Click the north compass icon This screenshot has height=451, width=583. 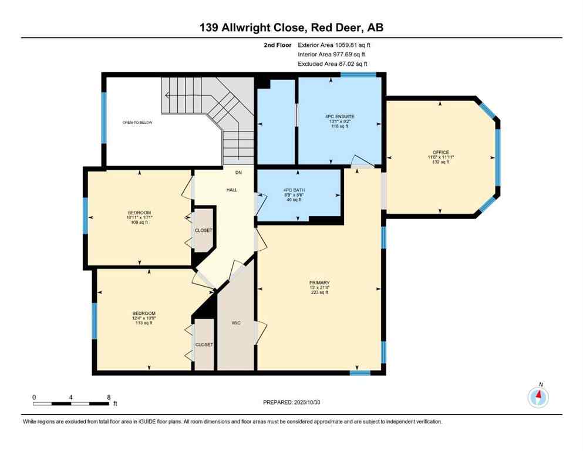coord(538,398)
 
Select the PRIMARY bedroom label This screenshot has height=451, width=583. coord(319,282)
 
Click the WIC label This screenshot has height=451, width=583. coord(235,324)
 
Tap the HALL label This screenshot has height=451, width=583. coord(232,190)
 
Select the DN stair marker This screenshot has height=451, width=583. coord(238,173)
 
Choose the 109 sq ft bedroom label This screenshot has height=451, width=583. coord(140,213)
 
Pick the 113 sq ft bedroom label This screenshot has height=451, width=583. coord(144,314)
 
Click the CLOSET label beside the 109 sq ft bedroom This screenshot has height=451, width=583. coord(204,231)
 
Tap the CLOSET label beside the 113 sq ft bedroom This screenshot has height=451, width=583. coord(204,345)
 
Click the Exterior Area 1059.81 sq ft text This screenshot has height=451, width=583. coord(334,45)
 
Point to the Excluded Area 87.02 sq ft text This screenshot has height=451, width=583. coord(333,63)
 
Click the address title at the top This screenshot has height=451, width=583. coord(291,27)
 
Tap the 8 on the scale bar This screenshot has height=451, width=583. coord(109,398)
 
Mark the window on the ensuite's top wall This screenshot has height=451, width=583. coord(358,75)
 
